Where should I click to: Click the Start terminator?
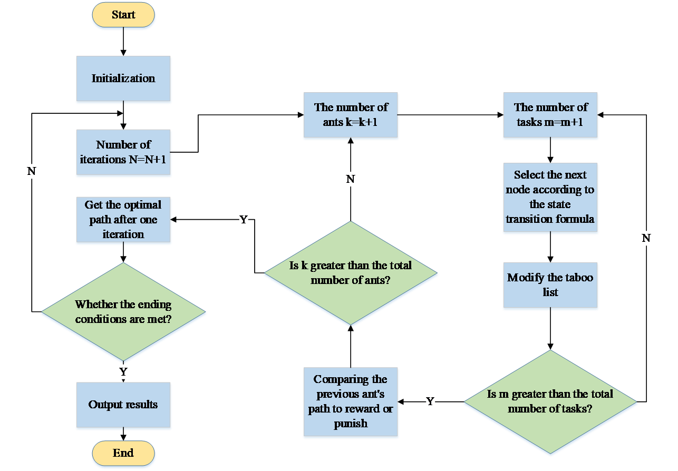pyautogui.click(x=123, y=15)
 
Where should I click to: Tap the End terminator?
pyautogui.click(x=123, y=453)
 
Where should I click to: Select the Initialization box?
pyautogui.click(x=123, y=79)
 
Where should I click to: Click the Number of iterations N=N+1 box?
pyautogui.click(x=123, y=153)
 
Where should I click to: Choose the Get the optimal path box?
pyautogui.click(x=123, y=220)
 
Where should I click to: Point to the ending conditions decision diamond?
pyautogui.click(x=123, y=312)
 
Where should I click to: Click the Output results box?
pyautogui.click(x=123, y=405)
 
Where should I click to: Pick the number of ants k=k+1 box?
pyautogui.click(x=351, y=115)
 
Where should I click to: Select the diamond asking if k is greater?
pyautogui.click(x=351, y=273)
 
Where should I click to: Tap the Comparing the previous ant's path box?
pyautogui.click(x=351, y=402)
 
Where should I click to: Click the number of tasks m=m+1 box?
pyautogui.click(x=550, y=115)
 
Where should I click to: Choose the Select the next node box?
pyautogui.click(x=550, y=197)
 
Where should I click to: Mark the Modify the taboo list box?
pyautogui.click(x=550, y=285)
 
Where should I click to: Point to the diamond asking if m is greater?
pyautogui.click(x=550, y=401)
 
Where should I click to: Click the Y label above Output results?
pyautogui.click(x=123, y=372)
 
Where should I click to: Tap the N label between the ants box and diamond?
pyautogui.click(x=351, y=180)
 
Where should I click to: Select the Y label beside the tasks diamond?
pyautogui.click(x=430, y=402)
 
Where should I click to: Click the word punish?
pyautogui.click(x=351, y=424)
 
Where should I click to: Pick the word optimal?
pyautogui.click(x=143, y=205)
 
